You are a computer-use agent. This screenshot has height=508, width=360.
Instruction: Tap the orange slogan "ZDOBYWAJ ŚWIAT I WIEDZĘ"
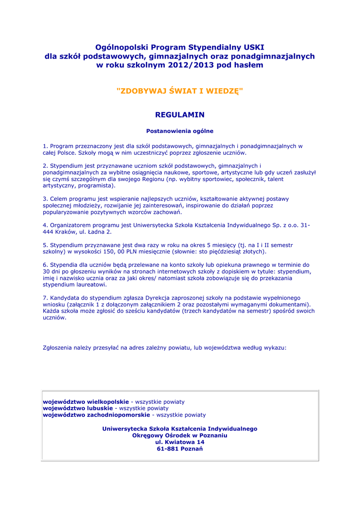180,91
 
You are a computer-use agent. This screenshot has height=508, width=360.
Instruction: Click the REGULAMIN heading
180,115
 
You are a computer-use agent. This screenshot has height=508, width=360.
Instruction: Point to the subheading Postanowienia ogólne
180,131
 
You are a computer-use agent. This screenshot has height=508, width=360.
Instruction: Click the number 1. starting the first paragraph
45,146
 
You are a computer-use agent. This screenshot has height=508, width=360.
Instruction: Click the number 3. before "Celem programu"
45,198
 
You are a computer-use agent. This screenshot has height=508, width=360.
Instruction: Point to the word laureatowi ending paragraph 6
90,285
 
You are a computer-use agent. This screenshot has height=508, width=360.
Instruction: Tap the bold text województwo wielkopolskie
86,401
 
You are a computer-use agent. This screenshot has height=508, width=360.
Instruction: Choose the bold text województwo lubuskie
78,408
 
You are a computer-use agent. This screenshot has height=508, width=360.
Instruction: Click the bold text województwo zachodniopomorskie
96,415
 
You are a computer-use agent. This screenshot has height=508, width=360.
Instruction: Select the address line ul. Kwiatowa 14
180,442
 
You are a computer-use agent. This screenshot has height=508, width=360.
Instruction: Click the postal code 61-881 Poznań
180,449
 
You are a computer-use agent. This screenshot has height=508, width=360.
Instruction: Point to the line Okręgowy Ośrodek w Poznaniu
180,435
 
